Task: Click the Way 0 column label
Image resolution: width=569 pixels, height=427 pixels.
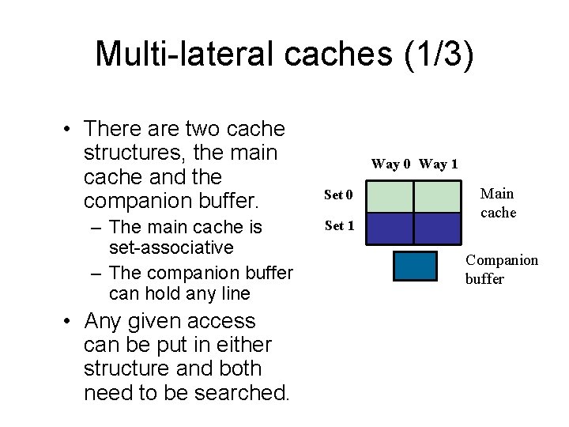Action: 390,164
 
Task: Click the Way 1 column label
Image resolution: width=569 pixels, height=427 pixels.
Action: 439,164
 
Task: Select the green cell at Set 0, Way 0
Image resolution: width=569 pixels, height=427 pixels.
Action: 391,197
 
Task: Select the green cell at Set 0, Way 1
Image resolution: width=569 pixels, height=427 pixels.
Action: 437,197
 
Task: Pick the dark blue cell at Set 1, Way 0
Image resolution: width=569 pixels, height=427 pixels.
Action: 391,228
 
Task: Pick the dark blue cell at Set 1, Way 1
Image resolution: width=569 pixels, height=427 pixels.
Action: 437,228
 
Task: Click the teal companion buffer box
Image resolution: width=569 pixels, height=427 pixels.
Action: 415,266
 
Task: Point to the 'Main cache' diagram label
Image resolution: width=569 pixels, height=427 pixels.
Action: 498,203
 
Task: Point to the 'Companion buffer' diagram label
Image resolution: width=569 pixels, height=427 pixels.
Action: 501,269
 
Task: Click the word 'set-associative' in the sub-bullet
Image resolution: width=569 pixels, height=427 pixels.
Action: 171,248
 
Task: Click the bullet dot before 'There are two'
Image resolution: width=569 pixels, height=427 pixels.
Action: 70,129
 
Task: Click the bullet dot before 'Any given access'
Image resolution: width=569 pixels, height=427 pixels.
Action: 70,322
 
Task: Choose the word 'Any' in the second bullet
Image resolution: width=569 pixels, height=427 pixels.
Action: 105,322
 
